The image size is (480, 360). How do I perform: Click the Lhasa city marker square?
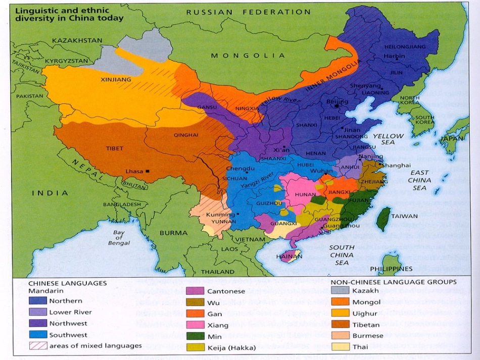click(x=148, y=171)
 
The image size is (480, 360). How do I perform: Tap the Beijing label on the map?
click(x=337, y=101)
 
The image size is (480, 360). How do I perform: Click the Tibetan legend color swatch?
click(x=339, y=324)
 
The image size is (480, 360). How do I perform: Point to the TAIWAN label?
click(x=405, y=216)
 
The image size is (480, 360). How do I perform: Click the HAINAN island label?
click(x=290, y=256)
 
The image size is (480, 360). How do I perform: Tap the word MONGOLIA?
click(x=248, y=56)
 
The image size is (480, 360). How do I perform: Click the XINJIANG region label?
click(x=116, y=79)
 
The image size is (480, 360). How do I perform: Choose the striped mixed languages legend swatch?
click(x=37, y=346)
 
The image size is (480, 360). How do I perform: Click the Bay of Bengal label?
click(x=119, y=238)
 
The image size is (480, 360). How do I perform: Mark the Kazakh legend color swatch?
click(x=339, y=291)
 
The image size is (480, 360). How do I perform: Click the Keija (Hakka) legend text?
click(x=232, y=347)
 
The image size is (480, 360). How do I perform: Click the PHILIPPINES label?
click(x=391, y=269)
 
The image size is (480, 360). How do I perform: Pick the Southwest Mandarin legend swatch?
click(x=37, y=335)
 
